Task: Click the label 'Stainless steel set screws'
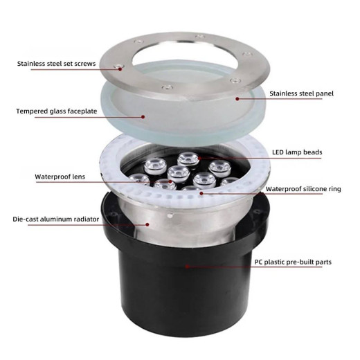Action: point(56,64)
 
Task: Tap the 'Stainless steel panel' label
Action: point(301,93)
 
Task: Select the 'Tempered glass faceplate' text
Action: point(57,111)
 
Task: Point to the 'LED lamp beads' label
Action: point(297,152)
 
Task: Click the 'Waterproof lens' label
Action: point(60,177)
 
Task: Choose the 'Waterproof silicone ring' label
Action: point(303,189)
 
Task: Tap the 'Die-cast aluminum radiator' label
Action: point(56,219)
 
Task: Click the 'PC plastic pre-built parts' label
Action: point(293,262)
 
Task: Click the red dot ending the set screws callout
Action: point(120,69)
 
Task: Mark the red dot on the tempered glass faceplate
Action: point(143,117)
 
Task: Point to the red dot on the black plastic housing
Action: point(187,267)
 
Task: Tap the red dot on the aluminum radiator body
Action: point(147,224)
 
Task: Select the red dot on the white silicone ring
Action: point(201,193)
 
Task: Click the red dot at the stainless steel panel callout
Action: point(237,99)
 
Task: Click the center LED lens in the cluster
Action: point(179,173)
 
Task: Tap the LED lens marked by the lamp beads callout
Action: point(188,159)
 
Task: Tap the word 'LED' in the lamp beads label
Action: point(278,152)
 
